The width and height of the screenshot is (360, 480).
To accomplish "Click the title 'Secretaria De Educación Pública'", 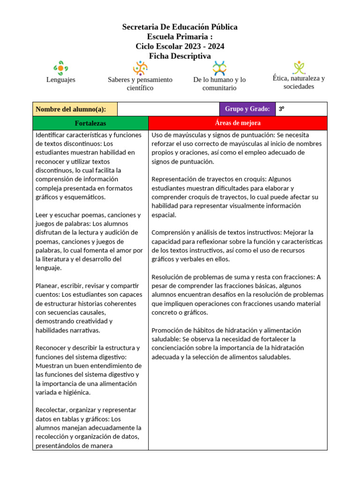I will click(x=180, y=27).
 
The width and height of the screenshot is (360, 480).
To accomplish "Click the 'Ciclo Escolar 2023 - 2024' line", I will click(x=180, y=46).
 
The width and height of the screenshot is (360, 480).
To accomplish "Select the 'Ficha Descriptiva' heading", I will click(x=180, y=56).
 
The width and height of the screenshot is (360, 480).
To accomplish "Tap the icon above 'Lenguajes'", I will click(x=60, y=68).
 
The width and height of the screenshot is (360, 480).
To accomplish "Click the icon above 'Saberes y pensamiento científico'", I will click(x=140, y=68).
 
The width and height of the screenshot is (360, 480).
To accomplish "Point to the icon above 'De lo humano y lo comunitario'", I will click(x=219, y=68).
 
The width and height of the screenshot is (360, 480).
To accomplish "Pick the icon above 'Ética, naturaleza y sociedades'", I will click(x=299, y=67).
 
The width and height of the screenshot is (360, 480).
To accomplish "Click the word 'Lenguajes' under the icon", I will click(x=60, y=80).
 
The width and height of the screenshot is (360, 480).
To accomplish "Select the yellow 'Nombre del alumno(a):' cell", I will click(x=75, y=109).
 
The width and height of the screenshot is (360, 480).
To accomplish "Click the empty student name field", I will click(x=168, y=109).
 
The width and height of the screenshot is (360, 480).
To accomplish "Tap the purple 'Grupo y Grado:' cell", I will click(x=247, y=109).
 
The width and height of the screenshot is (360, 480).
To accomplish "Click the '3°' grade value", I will click(x=282, y=109).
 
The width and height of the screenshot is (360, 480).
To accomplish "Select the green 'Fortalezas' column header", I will click(x=90, y=123).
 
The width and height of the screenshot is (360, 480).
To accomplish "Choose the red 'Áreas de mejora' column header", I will click(x=238, y=123).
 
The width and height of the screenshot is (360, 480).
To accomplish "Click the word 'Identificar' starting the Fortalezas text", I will click(x=51, y=135).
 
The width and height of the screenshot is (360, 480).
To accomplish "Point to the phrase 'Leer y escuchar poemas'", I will click(x=70, y=215).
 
